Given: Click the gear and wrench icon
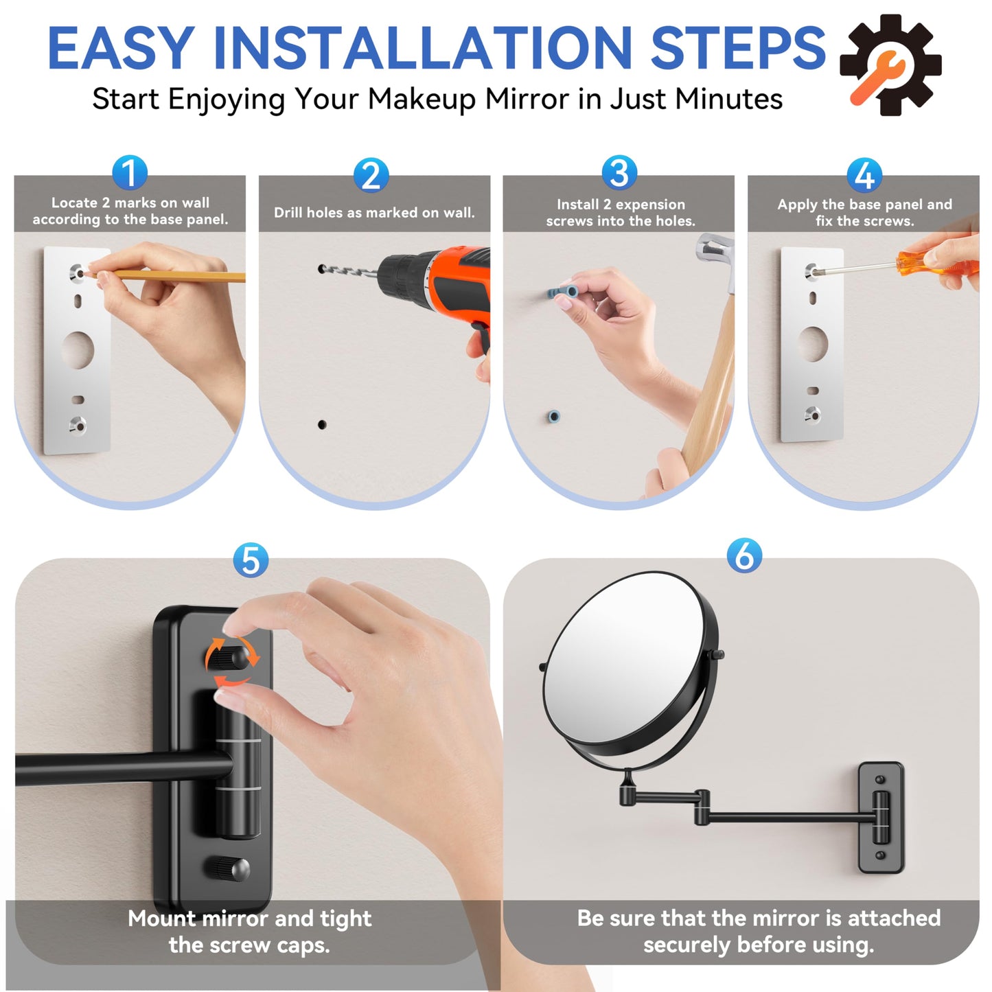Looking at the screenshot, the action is coord(890,65).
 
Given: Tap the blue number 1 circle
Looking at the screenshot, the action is coord(130,173).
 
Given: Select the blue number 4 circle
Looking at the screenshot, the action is coord(864,175).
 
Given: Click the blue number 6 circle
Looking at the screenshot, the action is coord(744,555).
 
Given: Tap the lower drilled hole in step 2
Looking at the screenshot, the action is coord(322,425).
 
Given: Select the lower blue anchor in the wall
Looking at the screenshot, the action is coord(554,416).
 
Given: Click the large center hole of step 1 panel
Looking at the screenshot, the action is coord(78,350).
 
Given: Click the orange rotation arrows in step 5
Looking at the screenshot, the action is coord(232,662).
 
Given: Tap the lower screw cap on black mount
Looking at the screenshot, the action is coord(229,869).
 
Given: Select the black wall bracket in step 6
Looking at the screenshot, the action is coord(881,818).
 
